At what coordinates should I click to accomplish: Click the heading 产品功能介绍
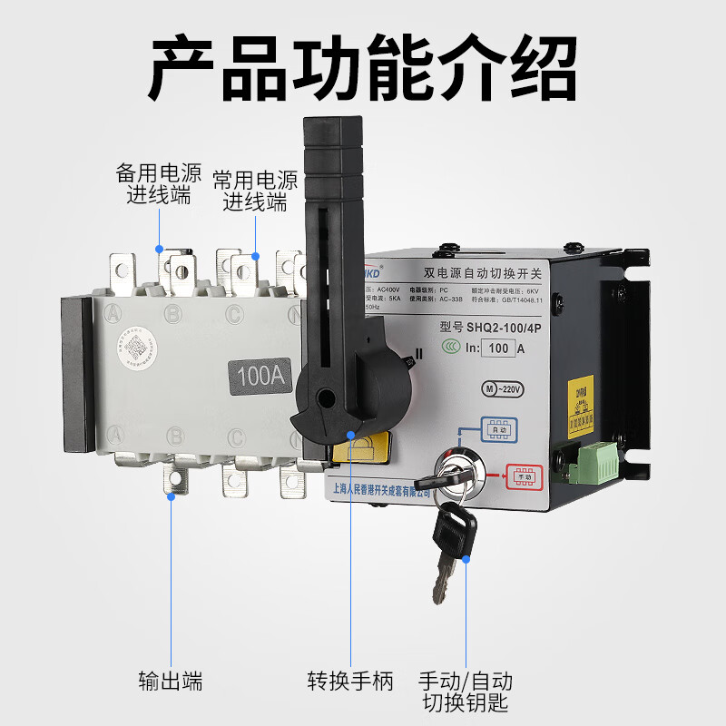(363, 68)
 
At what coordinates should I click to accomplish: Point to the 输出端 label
(171, 681)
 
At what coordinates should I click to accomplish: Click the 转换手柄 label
(350, 681)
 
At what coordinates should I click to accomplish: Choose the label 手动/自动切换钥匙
(466, 691)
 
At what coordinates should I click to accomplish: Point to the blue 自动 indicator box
(499, 430)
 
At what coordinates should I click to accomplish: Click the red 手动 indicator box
(524, 476)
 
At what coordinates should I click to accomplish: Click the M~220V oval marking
(503, 388)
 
